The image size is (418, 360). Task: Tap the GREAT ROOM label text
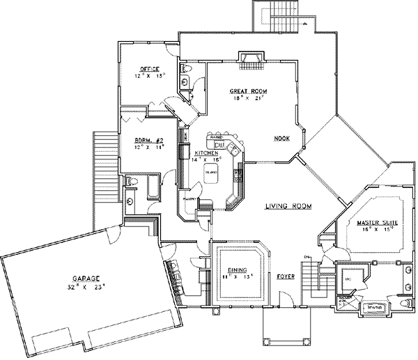(249, 91)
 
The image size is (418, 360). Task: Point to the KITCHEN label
(208, 152)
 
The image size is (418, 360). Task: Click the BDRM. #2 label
(148, 141)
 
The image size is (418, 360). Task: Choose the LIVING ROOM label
(288, 206)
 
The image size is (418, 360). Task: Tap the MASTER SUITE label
(377, 222)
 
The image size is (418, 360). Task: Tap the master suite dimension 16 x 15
(377, 229)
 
